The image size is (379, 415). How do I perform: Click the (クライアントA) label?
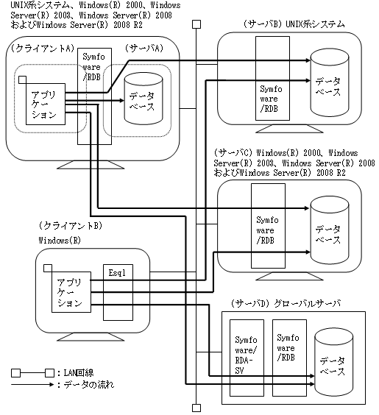43,49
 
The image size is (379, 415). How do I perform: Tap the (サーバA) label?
144,48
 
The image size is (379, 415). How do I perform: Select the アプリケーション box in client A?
46,104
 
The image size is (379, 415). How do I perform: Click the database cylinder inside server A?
144,99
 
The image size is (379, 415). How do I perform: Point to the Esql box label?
117,273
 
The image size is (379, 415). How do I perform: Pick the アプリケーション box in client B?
71,292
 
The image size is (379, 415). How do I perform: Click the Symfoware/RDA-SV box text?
246,355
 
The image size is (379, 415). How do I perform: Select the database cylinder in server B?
330,83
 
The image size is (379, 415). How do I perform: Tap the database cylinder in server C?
330,230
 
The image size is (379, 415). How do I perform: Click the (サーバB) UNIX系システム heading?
294,24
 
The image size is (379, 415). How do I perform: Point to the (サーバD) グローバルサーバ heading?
286,303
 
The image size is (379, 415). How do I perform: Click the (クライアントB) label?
71,226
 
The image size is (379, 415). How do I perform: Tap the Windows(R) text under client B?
60,241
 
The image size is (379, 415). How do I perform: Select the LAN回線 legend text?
79,373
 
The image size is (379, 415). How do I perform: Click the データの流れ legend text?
89,385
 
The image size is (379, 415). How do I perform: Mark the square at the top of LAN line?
196,24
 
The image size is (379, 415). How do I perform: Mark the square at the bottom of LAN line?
196,408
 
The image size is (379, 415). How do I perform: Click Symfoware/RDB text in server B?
271,99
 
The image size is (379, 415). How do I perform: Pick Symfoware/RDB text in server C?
267,230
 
